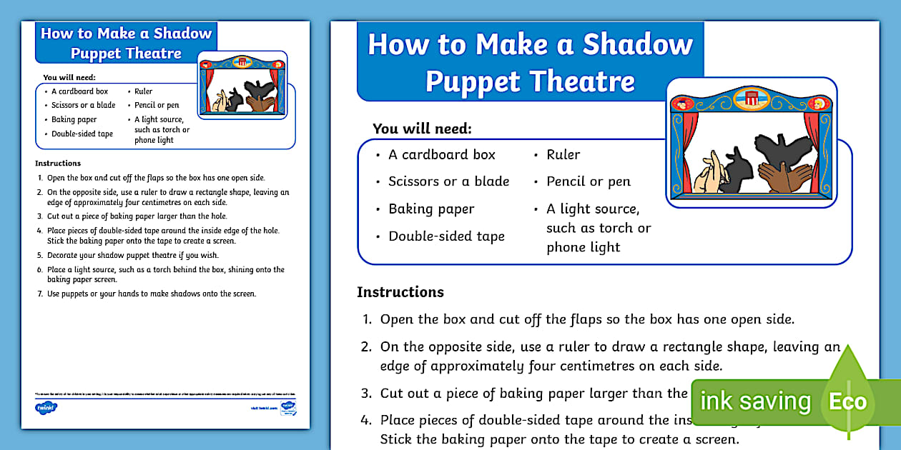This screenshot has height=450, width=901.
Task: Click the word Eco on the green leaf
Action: click(847, 401)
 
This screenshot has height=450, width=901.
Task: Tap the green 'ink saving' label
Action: click(755, 401)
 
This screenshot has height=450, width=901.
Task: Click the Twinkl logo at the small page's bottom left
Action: click(46, 407)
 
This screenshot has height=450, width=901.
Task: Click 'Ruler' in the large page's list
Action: click(563, 154)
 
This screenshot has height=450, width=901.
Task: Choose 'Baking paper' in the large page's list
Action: click(431, 209)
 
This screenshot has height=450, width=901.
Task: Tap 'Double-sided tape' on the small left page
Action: click(82, 134)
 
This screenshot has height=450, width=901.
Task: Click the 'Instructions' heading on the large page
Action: click(400, 292)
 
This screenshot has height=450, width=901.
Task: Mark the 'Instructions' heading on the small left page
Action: click(58, 163)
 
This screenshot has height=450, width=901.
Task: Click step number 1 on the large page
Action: click(366, 319)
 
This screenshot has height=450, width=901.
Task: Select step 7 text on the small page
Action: click(152, 294)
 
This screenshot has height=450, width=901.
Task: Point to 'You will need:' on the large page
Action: click(423, 129)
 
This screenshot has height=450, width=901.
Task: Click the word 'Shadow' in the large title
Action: click(638, 44)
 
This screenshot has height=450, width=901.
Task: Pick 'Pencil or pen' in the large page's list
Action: click(589, 181)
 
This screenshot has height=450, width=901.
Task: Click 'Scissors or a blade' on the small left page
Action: click(83, 105)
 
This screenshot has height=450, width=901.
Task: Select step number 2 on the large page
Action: click(366, 347)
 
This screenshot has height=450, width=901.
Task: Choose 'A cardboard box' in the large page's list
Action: click(441, 154)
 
